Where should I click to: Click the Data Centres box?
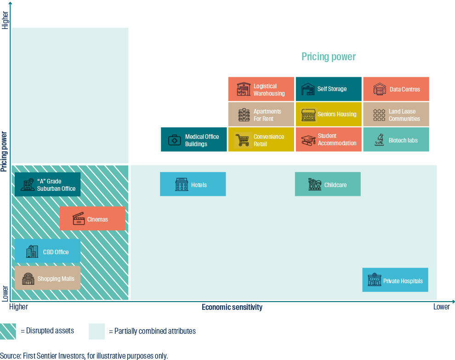pos(396,89)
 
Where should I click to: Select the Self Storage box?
pos(328,89)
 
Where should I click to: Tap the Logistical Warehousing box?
pos(261,89)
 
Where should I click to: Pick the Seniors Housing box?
pos(328,114)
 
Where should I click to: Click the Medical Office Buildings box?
pos(193,140)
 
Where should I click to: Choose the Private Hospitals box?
pos(395,280)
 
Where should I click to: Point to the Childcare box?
pos(328,184)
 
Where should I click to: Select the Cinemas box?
pos(92,219)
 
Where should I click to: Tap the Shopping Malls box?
pos(47,278)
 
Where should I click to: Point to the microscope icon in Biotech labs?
pos(379,140)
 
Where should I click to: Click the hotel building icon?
pos(182,184)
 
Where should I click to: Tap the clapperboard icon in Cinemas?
pos(79,219)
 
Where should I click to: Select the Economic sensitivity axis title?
pos(232,307)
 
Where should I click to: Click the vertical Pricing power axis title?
pos(4,152)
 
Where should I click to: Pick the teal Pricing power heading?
pos(328,57)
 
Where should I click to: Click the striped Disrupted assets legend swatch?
pos(8,331)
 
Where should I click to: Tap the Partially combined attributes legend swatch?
pos(97,331)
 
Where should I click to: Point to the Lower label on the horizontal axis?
pos(441,307)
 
